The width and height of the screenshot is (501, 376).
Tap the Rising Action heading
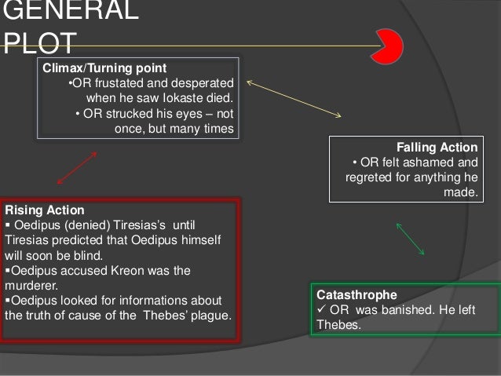(x=44, y=210)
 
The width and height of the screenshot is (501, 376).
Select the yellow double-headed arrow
(x=294, y=99)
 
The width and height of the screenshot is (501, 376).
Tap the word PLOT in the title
(x=39, y=42)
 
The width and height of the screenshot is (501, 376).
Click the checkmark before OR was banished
(x=321, y=309)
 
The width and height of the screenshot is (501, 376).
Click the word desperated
(x=203, y=84)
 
